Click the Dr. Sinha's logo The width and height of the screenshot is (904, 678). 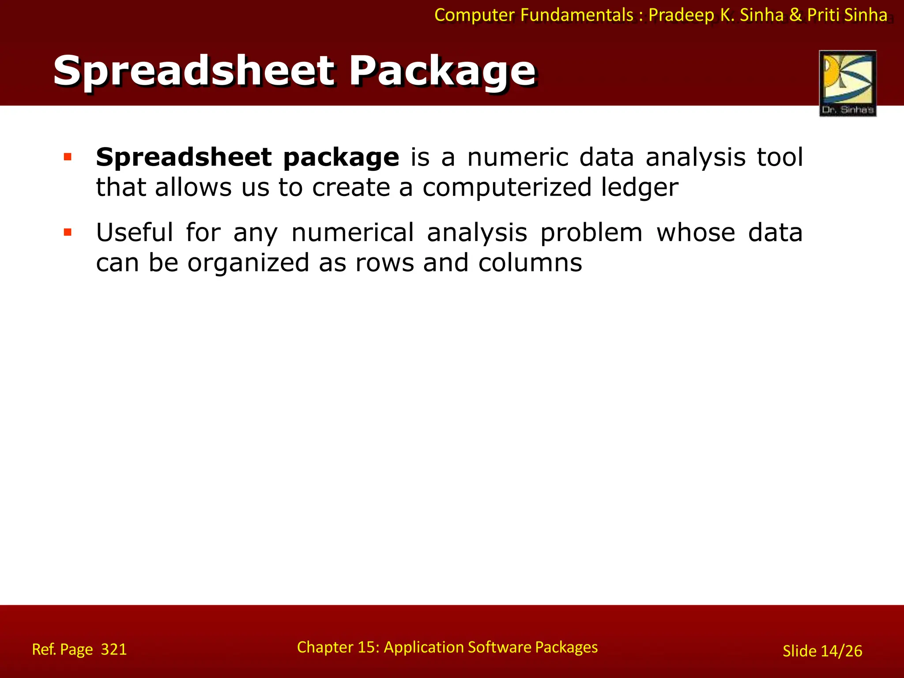coord(847,83)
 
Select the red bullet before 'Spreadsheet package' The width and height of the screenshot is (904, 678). coord(68,157)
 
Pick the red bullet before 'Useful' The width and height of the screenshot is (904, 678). coord(68,232)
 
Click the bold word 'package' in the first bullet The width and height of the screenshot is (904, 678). coord(341,158)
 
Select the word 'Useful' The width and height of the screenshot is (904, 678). coord(135,233)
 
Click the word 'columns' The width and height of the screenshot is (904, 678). coord(530,263)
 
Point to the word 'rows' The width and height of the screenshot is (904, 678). coord(384,263)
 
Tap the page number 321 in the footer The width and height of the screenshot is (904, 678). coord(114,649)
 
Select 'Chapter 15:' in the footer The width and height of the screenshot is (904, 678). coord(338,647)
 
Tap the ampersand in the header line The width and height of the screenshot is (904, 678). coord(795,15)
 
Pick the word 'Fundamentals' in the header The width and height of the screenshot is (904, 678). coord(577,15)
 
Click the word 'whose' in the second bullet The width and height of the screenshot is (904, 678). coord(696,233)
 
